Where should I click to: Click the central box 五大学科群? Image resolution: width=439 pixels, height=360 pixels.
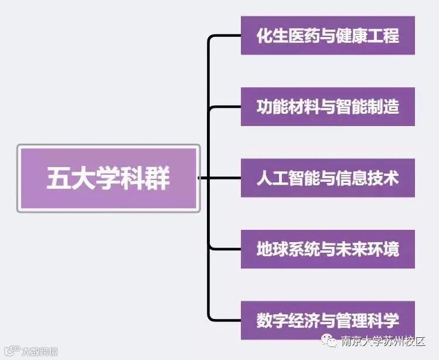pos(108,178)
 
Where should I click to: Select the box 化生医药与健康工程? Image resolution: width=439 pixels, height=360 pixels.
pos(328,36)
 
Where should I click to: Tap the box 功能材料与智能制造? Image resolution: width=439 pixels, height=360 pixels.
pos(328,107)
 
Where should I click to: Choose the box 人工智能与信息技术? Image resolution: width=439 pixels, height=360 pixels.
pos(328,178)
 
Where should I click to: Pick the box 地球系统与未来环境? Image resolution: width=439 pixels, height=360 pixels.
pos(328,249)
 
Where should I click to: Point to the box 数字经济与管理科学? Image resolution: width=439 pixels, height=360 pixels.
pos(328,320)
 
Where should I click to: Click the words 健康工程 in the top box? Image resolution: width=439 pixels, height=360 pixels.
pos(370,36)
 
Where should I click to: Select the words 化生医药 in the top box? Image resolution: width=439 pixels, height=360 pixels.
pos(285,36)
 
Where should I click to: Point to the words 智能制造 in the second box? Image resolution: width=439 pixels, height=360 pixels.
pos(370,107)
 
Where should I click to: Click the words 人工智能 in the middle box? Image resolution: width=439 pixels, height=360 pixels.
pos(285,178)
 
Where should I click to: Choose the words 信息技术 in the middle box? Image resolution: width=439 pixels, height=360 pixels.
pos(370,178)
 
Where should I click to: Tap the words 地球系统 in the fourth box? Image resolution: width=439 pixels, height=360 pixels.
pos(285,249)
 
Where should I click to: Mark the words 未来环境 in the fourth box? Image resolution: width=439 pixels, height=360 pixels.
pos(370,249)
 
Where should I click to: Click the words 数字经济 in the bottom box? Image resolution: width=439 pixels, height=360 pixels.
pos(285,320)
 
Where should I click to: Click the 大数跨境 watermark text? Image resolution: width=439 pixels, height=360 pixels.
pos(40,352)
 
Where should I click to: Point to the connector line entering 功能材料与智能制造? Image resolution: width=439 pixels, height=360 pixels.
pos(226,107)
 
